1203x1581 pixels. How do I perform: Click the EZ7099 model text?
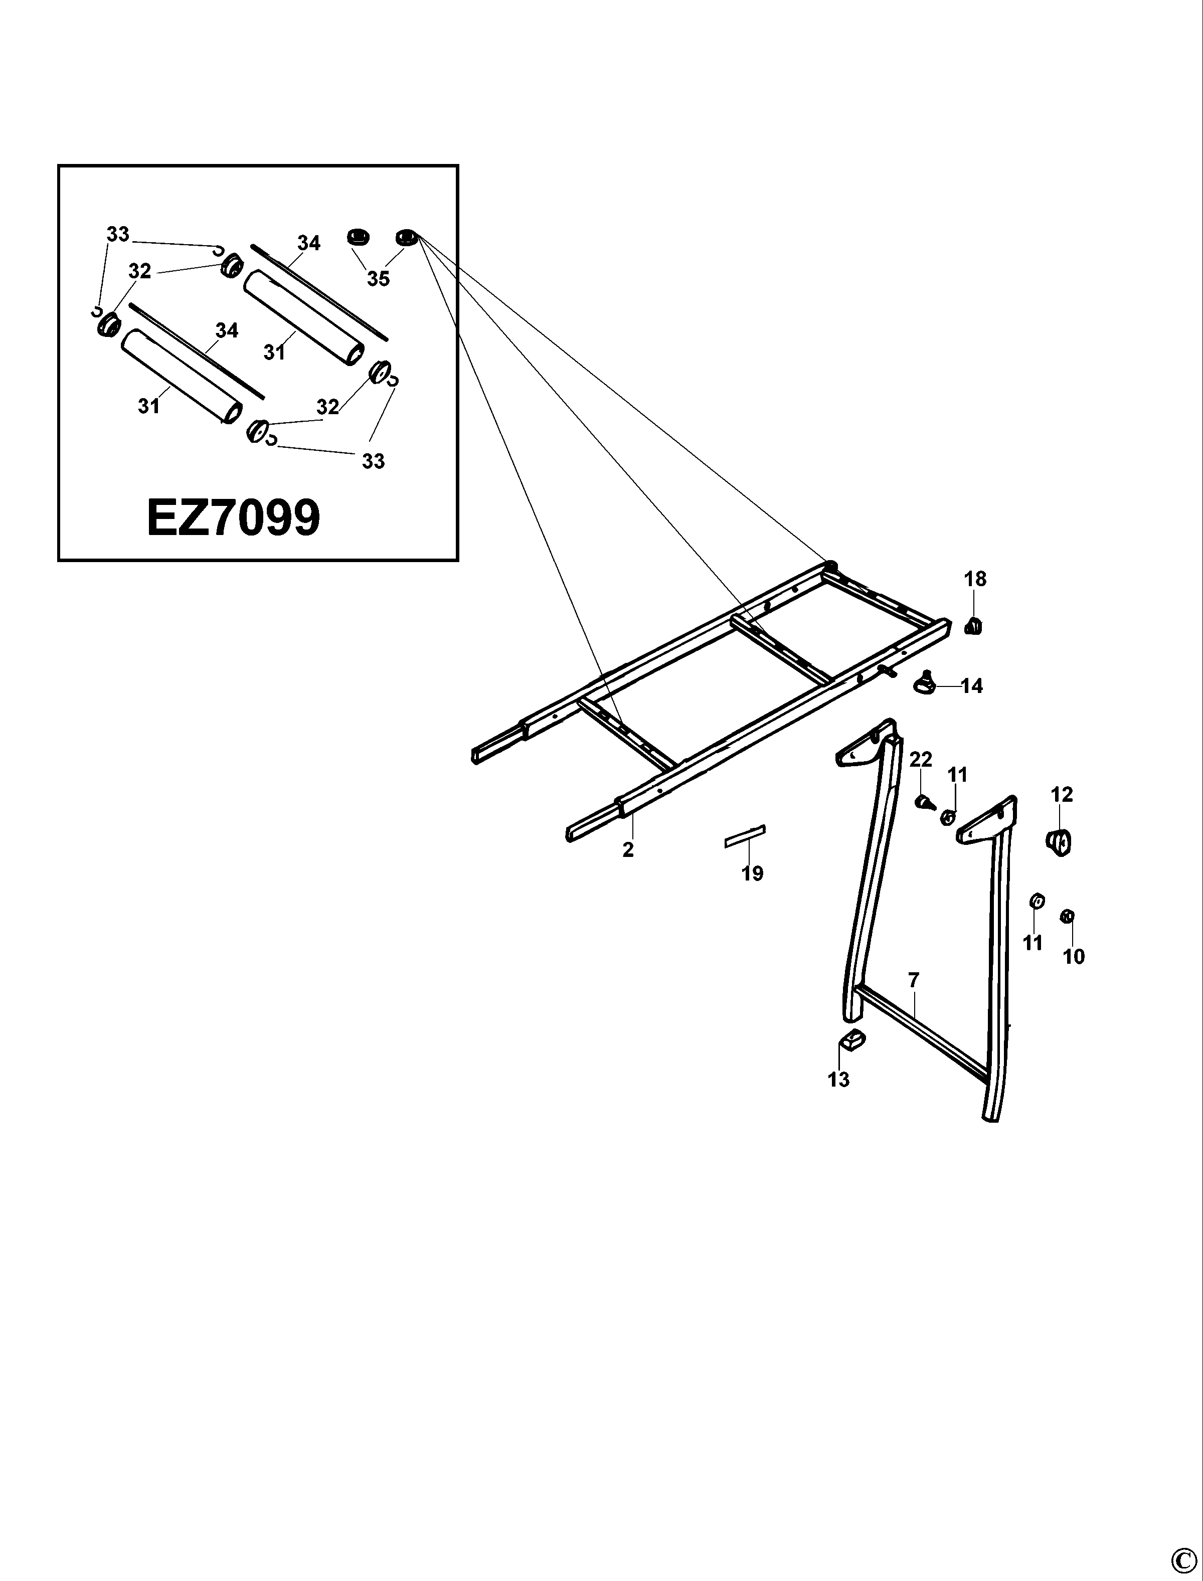234,518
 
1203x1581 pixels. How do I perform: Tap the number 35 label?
378,278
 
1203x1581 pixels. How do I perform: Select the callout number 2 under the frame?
628,850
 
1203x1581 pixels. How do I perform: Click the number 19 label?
752,873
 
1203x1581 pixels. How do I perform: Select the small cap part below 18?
972,626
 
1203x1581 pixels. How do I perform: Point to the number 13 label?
838,1080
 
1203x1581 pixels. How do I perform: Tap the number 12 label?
1062,795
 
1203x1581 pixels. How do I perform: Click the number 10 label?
1074,957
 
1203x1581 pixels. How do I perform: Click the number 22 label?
921,760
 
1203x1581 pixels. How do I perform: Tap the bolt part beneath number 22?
925,802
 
